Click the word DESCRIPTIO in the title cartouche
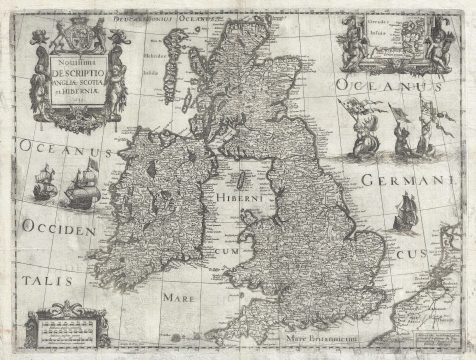79,73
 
